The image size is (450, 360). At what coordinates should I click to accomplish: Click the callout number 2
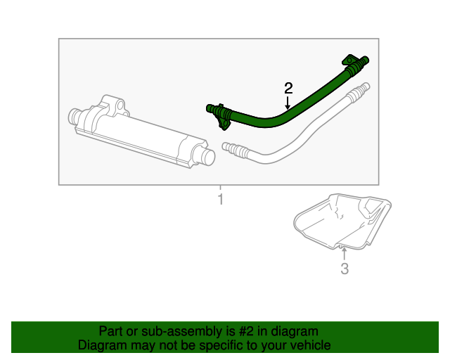point(288,88)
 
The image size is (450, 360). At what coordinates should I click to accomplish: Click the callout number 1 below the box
point(220,200)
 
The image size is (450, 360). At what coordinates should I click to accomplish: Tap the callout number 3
point(344,269)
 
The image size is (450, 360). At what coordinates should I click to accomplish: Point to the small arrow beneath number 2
point(288,103)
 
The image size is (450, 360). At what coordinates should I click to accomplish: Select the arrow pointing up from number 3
point(344,252)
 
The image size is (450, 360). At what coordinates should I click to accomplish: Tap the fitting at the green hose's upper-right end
point(354,63)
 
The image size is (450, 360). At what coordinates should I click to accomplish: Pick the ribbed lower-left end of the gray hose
point(232,148)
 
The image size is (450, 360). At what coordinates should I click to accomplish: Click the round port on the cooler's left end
point(75,117)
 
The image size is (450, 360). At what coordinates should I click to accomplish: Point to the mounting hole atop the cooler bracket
point(120,106)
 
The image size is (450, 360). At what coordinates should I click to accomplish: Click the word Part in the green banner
point(111,331)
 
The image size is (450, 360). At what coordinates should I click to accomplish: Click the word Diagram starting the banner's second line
point(102,345)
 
